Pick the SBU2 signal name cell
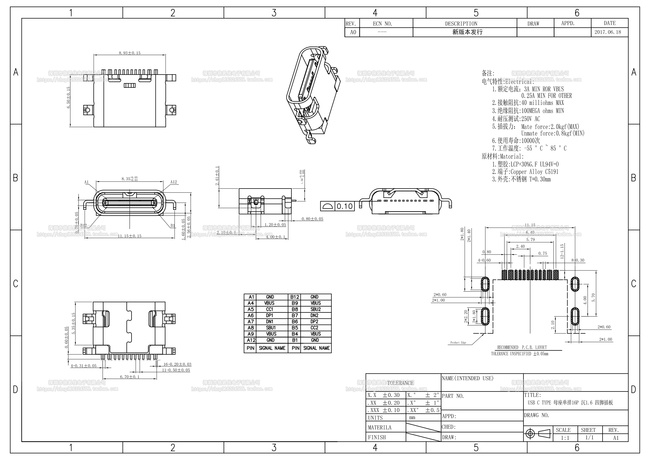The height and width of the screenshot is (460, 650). pos(315,309)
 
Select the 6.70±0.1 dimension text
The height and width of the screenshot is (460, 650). pos(130,377)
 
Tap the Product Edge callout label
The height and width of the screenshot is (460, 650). pos(458,343)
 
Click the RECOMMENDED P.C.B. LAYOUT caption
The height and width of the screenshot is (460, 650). pos(522,348)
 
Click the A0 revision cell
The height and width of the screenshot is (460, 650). pos(353,32)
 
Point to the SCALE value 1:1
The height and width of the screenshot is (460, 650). pos(565,438)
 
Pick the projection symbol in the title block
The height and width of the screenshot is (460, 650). pos(538,434)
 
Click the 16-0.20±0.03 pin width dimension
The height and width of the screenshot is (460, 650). pos(177,364)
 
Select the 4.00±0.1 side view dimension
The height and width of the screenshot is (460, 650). pos(275,237)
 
